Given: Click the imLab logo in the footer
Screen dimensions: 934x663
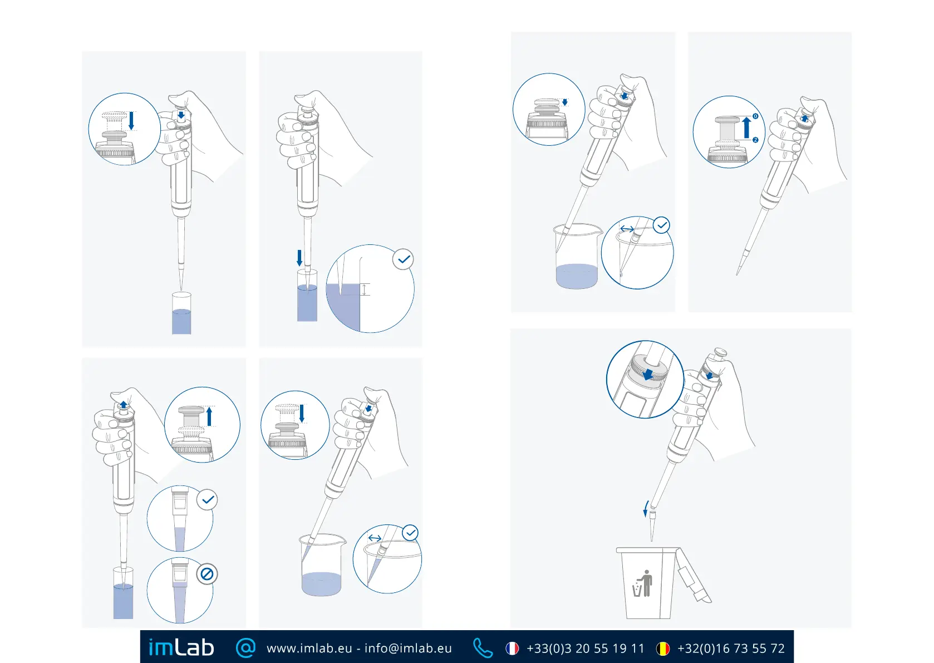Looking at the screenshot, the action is pos(181,647).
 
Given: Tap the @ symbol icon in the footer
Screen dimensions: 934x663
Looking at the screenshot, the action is pos(245,647).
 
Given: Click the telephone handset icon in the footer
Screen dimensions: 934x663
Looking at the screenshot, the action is pos(482,648).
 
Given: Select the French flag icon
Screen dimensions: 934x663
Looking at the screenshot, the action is pos(512,649).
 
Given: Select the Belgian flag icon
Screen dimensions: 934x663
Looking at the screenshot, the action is pos(663,649).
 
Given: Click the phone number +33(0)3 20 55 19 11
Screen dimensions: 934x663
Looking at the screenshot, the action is pos(585,649).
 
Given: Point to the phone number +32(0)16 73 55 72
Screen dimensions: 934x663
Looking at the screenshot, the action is pos(731,649).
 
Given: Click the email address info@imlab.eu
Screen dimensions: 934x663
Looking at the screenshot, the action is pos(408,649).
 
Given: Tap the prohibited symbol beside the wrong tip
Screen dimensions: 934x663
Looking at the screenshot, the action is pos(207,574).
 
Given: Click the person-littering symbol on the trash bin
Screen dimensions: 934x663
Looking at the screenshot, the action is pos(643,583).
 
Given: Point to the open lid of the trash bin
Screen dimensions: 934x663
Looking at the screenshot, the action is pos(693,576).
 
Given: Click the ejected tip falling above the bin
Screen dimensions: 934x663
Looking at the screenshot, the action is pos(652,524).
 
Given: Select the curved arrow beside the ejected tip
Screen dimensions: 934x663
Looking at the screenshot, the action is pos(646,508).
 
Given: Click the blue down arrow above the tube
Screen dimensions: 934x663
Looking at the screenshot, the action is pos(299,258).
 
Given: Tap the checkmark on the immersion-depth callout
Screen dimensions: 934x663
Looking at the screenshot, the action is pos(404,259).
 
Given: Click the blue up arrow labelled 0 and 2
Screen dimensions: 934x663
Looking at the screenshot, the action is pos(746,127).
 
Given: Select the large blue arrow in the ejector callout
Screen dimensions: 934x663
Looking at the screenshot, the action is pos(648,374).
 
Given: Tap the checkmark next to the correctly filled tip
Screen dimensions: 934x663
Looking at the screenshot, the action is pos(208,500).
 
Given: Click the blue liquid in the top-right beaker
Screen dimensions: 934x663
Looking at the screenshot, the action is pos(577,276).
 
